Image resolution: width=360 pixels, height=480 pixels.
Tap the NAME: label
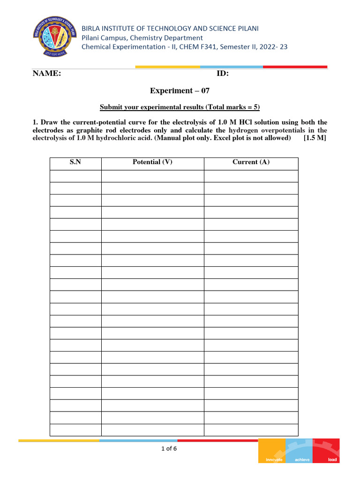click(46, 74)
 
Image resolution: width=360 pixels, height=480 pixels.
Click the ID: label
click(222, 74)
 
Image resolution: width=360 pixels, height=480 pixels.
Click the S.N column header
click(75, 162)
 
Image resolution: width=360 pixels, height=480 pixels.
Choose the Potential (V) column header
click(152, 162)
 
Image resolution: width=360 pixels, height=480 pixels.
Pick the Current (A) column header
click(251, 162)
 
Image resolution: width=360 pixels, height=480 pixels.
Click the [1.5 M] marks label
click(315, 138)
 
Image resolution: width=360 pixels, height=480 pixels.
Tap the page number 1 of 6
click(169, 449)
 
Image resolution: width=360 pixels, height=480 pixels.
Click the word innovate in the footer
click(274, 459)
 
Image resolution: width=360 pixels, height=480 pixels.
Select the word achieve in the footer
click(302, 459)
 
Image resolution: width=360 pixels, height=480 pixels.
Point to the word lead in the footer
click(332, 459)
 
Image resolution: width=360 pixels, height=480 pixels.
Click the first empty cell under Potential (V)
click(152, 176)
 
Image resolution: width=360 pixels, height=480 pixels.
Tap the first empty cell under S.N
click(75, 176)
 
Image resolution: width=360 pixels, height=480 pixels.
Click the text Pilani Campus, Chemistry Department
click(142, 37)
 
